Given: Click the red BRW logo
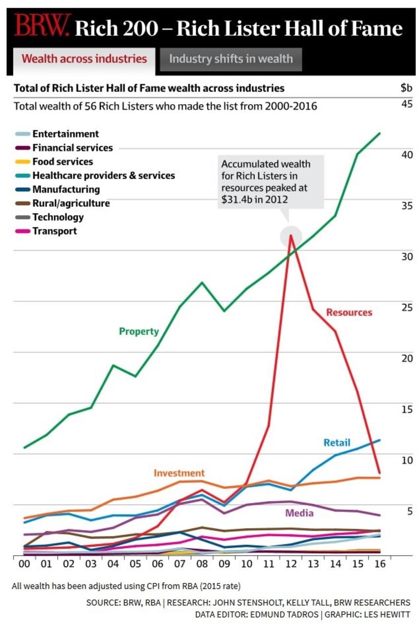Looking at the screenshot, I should coord(42,26).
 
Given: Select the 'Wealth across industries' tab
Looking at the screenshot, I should coord(84,59).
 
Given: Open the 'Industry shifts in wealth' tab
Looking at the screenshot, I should coord(231,59).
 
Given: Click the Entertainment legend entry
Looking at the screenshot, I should coord(65,134).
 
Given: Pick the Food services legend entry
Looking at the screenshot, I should coord(62,161).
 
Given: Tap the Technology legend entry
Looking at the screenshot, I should coord(58,217).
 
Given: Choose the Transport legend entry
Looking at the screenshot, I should coord(54,231).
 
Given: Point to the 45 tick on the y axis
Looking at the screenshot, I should coord(407,104).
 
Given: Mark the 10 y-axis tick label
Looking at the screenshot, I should coord(407,460).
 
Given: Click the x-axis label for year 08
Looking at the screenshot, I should coord(202,564).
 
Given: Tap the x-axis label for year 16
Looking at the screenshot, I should coord(379,564).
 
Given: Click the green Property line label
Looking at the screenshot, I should coord(139,332).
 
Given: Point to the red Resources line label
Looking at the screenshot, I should coord(349,313).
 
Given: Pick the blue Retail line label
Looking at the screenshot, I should coord(337,443).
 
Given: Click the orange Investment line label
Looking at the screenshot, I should coord(179,473).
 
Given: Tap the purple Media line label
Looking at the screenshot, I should coord(299,513).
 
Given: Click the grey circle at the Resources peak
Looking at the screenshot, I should coord(291,236).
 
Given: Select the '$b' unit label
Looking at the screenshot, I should coord(406,88).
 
